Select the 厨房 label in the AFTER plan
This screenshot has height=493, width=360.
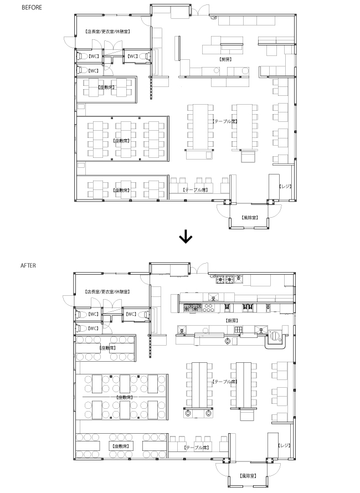pyautogui.click(x=231, y=321)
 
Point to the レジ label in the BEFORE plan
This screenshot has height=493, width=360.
pyautogui.click(x=285, y=186)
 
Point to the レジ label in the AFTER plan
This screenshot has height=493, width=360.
pyautogui.click(x=284, y=445)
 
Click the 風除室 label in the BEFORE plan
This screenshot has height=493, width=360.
pyautogui.click(x=250, y=218)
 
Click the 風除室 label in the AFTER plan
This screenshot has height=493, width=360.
pyautogui.click(x=248, y=476)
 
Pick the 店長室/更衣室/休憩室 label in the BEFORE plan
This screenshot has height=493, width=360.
pyautogui.click(x=107, y=31)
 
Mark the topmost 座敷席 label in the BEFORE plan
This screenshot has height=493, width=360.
pyautogui.click(x=105, y=87)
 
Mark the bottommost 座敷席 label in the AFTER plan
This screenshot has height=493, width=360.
pyautogui.click(x=121, y=445)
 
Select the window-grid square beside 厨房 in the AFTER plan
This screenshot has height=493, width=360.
pyautogui.click(x=238, y=330)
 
